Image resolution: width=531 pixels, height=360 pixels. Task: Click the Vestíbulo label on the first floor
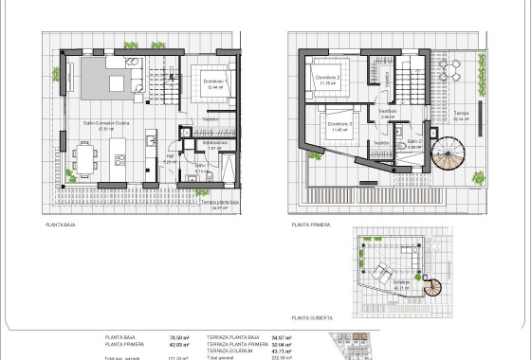pos(388,111)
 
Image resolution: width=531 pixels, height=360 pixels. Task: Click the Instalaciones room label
pos(214,143)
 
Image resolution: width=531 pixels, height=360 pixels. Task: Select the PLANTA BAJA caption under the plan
pos(62,226)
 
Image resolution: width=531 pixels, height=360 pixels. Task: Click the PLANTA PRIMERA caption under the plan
pos(311,226)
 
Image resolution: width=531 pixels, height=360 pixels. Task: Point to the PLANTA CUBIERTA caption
pos(313,317)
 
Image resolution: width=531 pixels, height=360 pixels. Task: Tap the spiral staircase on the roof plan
pos(433,289)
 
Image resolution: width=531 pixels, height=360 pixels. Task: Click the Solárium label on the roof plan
pos(402,281)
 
